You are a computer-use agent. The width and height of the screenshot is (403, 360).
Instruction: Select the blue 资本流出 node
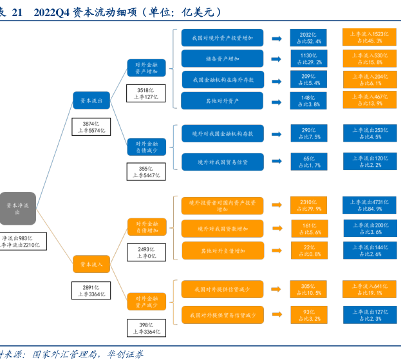tap(91, 100)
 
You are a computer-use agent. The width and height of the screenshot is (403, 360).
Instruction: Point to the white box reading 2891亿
tap(91, 290)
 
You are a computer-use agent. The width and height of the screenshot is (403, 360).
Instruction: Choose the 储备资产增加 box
tap(222, 59)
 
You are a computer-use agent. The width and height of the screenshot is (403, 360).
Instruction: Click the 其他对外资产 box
tap(222, 101)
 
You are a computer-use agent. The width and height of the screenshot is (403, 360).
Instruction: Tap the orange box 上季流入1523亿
tap(370, 37)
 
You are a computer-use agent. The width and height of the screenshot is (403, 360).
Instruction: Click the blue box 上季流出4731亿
tap(370, 205)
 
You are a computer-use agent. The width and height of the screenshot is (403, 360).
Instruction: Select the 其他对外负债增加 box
tap(222, 250)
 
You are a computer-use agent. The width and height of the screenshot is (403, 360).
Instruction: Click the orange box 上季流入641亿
tap(370, 289)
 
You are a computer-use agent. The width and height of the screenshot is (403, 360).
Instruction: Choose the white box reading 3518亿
tap(147, 93)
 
